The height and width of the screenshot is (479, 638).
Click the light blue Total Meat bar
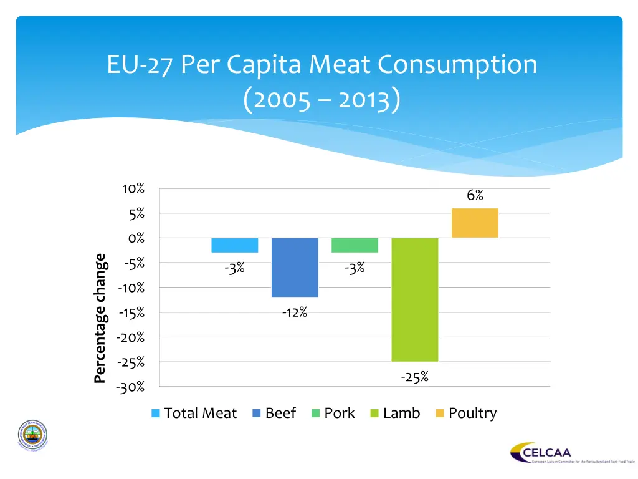235,245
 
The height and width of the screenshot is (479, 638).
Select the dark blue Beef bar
295,267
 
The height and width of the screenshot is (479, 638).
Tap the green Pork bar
355,245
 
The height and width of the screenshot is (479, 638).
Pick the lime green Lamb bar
415,299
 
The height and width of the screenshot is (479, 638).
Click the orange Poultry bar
475,223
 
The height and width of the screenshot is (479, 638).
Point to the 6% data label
475,195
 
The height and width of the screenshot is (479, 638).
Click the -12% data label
294,312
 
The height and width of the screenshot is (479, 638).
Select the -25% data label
414,377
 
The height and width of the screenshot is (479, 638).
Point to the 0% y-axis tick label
136,238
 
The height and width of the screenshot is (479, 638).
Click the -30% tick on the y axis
130,387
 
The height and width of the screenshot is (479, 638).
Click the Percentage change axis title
100,317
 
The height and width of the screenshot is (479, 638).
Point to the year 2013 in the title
365,100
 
